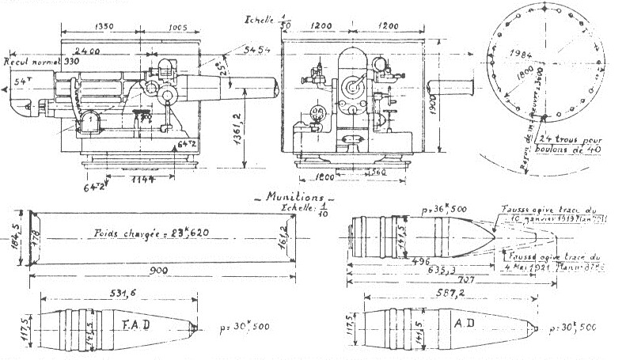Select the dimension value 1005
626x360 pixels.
(177, 27)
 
